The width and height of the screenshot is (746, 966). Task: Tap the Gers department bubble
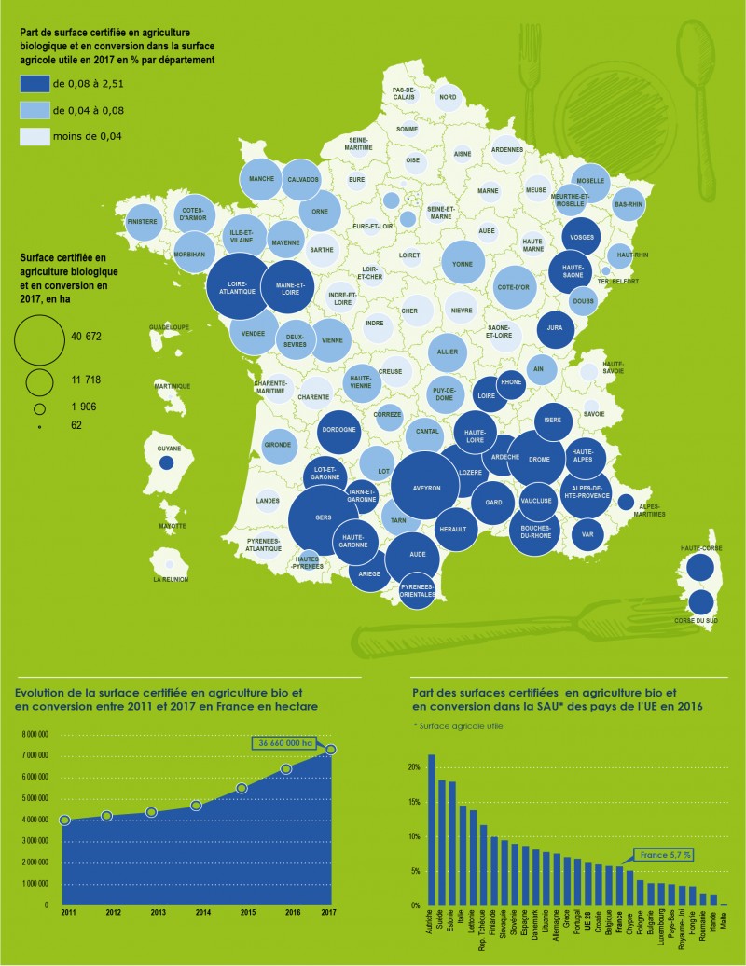click(x=324, y=518)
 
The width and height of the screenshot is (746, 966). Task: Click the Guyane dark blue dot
click(x=166, y=462)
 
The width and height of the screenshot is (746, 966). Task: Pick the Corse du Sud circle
click(x=700, y=603)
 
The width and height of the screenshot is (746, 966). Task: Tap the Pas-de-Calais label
click(x=404, y=93)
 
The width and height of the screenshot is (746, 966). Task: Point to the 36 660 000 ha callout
click(x=284, y=742)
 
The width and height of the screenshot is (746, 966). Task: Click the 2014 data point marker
click(x=196, y=805)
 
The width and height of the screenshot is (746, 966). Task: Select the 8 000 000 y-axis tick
click(x=36, y=735)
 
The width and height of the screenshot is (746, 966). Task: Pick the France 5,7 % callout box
click(x=666, y=853)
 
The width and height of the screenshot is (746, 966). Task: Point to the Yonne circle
click(x=462, y=262)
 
